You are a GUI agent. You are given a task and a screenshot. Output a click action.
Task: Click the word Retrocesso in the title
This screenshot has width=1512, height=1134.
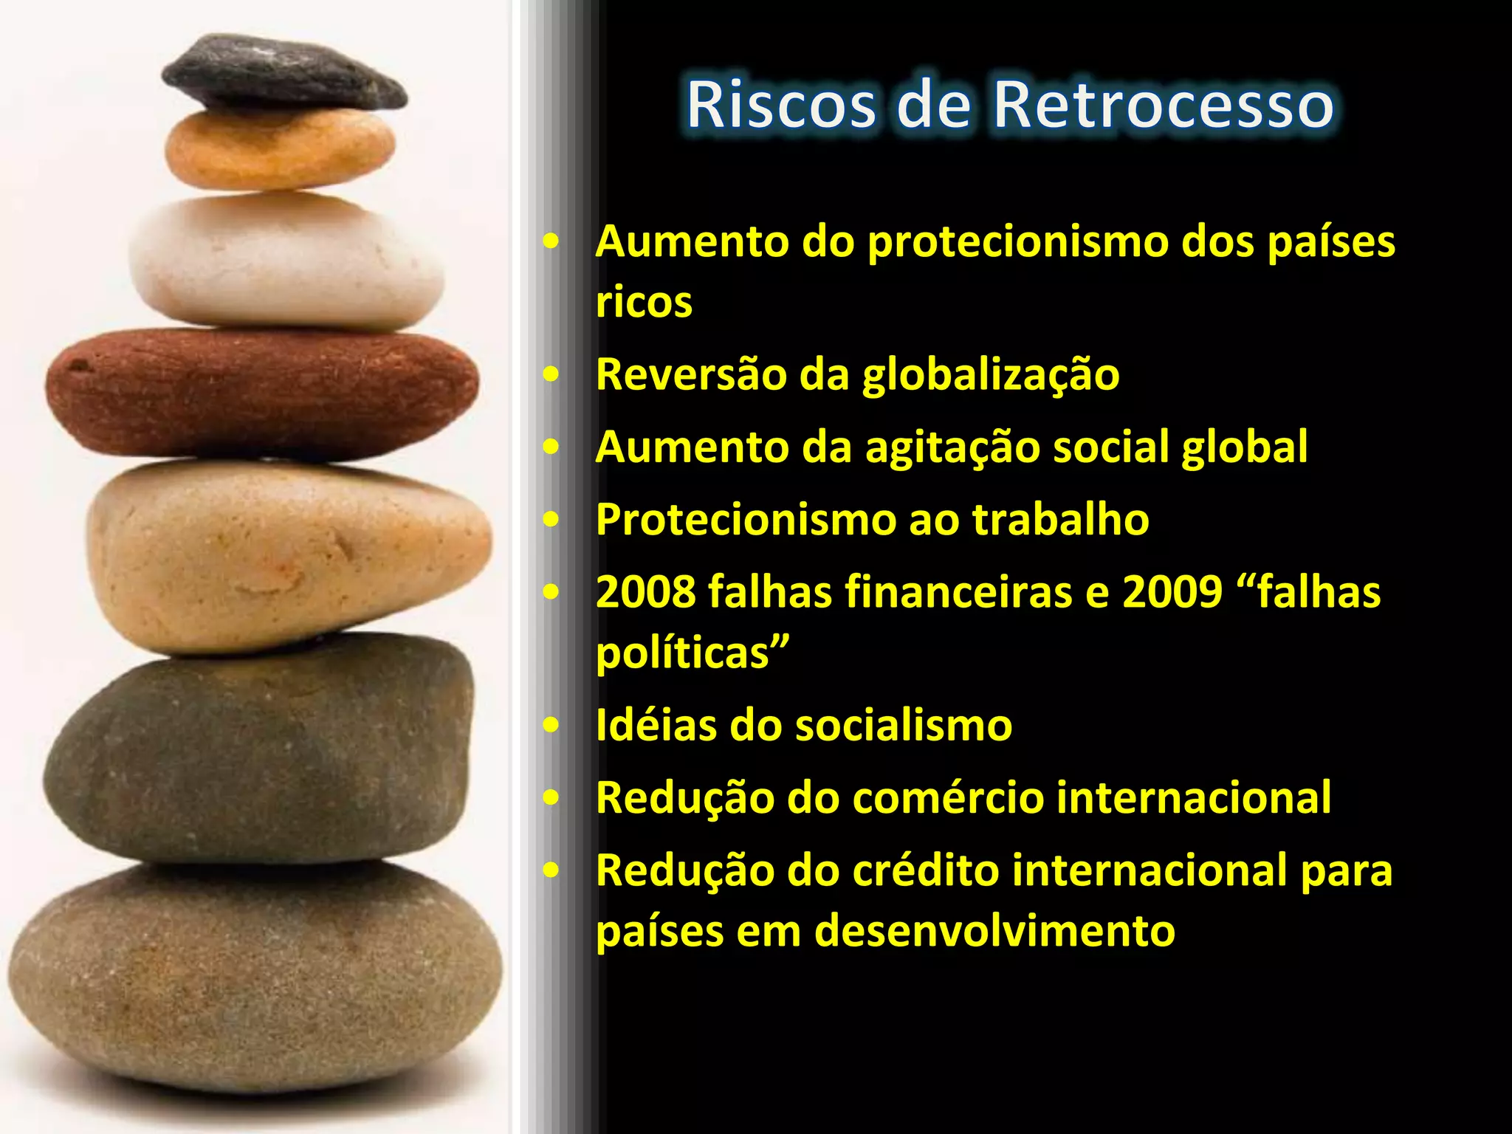coord(1163,105)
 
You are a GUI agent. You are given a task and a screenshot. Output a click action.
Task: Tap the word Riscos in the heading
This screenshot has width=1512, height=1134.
coord(780,105)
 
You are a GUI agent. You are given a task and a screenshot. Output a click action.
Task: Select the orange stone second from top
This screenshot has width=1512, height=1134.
coord(279,150)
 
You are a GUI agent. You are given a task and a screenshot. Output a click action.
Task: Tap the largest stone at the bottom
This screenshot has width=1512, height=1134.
coord(255,975)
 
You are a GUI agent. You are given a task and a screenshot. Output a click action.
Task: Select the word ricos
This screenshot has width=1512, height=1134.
coord(644,303)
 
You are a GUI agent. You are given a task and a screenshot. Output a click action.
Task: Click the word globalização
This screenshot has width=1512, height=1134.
coord(991,375)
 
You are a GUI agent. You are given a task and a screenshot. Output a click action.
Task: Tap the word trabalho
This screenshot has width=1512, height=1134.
coord(1060,520)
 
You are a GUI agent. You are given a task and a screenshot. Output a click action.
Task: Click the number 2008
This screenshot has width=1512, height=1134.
coord(645,593)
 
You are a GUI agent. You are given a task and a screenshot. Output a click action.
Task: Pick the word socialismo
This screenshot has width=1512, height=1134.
coord(903,726)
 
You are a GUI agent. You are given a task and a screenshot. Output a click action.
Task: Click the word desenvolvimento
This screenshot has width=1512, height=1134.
coord(994,931)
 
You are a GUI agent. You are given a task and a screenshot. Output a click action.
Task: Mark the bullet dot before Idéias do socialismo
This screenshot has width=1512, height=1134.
coord(551,725)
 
